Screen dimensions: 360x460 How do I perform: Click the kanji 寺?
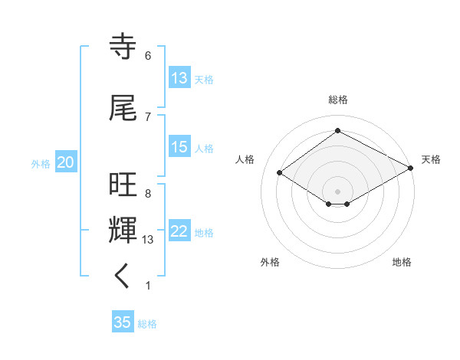123,47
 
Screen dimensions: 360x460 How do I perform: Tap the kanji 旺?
123,186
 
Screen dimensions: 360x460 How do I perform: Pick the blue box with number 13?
179,78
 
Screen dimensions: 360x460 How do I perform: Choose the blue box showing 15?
179,147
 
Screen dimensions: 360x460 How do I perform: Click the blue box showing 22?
179,231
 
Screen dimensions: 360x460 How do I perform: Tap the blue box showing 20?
66,162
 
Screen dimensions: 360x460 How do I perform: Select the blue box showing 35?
123,322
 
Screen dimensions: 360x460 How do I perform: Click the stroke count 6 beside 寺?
147,56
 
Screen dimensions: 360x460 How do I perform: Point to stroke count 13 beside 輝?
149,240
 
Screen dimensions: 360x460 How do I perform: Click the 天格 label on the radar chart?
431,159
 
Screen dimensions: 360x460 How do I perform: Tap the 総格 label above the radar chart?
337,100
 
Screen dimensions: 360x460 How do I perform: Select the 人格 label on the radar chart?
245,159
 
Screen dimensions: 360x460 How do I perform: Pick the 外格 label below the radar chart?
270,262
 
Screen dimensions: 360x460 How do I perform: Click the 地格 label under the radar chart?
402,262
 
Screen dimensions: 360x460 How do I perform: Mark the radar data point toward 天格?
411,169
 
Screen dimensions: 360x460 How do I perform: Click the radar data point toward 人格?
279,173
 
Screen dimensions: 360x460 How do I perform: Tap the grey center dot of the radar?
337,191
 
